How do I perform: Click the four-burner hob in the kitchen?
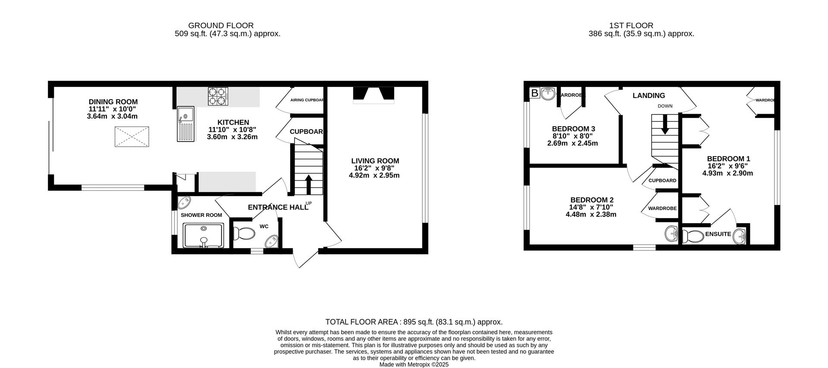(218, 97)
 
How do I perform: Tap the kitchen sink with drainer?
(185, 123)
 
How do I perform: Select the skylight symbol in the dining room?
(132, 138)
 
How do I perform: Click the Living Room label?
(375, 161)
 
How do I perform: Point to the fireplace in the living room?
(373, 95)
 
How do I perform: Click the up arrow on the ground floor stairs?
(309, 184)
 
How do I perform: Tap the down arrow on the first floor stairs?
(665, 124)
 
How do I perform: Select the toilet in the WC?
(244, 234)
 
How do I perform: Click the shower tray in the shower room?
(204, 235)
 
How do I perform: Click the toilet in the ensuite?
(691, 236)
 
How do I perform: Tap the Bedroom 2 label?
(592, 200)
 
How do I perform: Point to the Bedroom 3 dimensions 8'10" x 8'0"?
(572, 136)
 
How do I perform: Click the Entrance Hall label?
(278, 207)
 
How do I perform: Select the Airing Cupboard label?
(307, 100)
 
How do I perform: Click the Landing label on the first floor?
(649, 96)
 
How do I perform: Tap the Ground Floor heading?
(221, 25)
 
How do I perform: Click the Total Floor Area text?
(414, 322)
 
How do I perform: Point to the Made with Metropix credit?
(414, 364)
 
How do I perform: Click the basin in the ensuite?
(740, 237)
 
